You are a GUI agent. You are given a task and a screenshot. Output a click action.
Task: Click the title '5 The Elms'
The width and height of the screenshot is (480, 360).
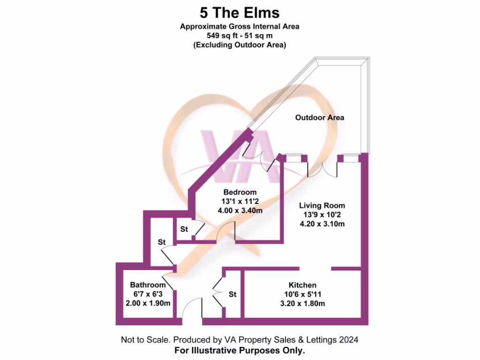coord(240,13)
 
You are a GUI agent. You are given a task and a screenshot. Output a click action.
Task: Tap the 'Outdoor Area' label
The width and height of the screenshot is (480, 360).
coord(320,118)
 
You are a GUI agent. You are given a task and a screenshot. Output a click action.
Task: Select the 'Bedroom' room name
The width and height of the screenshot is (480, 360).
coord(240,192)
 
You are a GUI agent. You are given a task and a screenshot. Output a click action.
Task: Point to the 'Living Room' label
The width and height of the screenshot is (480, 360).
coord(322,206)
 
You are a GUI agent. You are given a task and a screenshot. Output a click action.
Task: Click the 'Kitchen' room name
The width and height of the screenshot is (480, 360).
coord(302,285)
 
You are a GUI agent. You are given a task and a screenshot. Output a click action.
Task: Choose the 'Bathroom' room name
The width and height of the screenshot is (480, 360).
coord(148,285)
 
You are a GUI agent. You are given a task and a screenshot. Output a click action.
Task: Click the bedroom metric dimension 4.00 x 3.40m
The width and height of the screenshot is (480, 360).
coord(240,210)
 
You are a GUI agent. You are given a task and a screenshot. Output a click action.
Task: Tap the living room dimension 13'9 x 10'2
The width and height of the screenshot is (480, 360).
coord(322,215)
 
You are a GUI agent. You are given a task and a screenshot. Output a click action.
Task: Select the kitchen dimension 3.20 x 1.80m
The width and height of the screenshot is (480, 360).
coord(302,304)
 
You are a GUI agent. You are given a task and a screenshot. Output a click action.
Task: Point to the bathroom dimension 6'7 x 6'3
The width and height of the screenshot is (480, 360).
coord(148,294)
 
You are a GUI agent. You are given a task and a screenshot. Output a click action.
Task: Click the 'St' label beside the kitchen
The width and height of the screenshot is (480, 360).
coord(232,294)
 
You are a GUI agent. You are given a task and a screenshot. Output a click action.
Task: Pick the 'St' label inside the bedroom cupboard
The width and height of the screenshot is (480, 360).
coord(184,229)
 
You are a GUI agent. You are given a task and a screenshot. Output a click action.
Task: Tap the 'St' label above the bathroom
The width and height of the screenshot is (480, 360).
coord(162,242)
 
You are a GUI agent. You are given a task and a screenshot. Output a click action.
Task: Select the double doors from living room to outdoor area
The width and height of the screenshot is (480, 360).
coord(322,170)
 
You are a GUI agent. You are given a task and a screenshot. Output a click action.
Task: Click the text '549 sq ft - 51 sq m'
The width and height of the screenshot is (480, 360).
coord(240,36)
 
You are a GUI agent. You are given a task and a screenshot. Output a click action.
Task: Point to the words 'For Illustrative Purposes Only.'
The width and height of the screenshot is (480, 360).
coord(240,351)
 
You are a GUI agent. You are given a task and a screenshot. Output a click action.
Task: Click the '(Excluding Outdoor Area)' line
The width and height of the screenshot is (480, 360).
coord(240,45)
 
